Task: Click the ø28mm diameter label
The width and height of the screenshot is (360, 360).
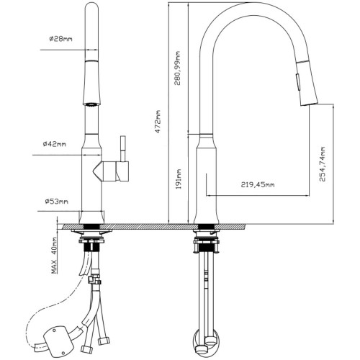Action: [60, 38]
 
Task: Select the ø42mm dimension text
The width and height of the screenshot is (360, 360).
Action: [55, 144]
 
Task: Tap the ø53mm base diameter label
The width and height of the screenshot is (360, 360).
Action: [56, 201]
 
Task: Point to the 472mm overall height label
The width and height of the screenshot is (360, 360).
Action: [158, 122]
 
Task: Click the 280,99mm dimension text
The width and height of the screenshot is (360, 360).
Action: [177, 68]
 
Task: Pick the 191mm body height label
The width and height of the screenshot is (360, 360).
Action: [179, 179]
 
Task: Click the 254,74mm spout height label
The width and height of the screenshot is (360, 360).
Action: [323, 164]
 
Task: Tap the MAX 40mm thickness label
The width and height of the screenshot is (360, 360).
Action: [54, 255]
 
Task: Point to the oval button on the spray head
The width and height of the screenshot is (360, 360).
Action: [298, 82]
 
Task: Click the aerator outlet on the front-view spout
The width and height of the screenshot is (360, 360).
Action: [91, 104]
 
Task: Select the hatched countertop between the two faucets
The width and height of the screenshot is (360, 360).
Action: [150, 226]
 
